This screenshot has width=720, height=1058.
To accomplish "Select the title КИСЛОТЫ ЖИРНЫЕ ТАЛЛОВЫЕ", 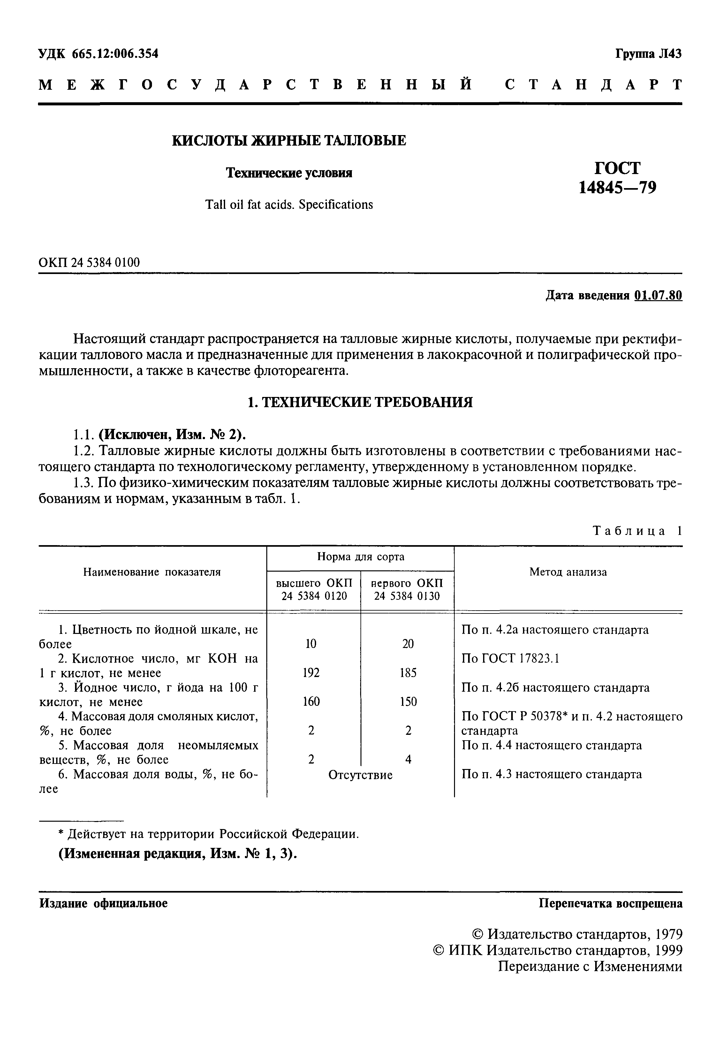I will [x=289, y=140].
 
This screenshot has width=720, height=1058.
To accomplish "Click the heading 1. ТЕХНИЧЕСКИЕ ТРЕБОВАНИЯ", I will [x=360, y=402].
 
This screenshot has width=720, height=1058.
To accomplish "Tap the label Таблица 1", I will [x=637, y=531].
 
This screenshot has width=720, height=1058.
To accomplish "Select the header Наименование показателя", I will [x=152, y=572].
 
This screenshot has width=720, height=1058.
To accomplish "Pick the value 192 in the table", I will [x=311, y=673].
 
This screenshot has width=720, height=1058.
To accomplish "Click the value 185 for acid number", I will [x=408, y=673].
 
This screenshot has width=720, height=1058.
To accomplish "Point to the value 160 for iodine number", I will [x=311, y=702].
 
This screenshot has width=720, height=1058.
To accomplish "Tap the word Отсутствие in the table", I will [x=360, y=775].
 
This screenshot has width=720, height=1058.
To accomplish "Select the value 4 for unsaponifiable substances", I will [x=408, y=759].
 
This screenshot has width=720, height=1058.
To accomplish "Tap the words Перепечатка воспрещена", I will [x=610, y=903].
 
